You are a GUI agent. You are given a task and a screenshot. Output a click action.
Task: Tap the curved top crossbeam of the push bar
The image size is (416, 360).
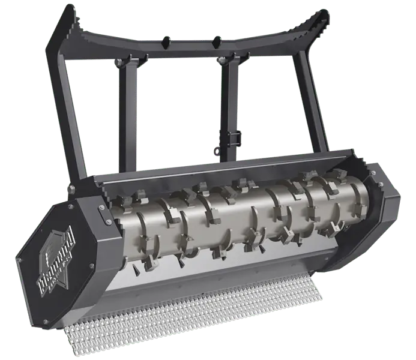click(192, 45)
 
